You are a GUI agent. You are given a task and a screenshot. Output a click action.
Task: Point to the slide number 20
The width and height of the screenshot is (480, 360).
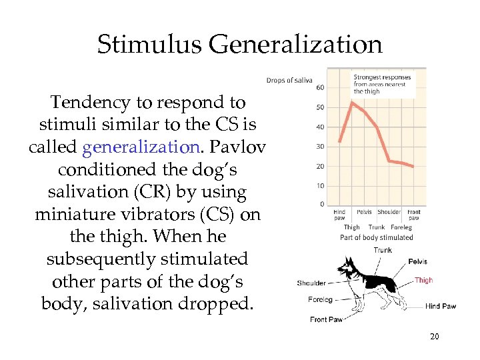click(x=434, y=337)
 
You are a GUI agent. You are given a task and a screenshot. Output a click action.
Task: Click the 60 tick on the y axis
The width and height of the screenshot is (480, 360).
click(x=320, y=88)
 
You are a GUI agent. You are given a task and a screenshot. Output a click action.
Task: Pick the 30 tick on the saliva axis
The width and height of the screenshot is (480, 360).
click(x=320, y=147)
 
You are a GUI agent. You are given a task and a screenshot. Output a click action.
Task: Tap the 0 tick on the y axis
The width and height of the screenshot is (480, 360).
click(x=322, y=204)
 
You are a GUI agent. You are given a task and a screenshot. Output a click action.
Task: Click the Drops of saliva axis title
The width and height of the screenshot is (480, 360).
click(x=289, y=81)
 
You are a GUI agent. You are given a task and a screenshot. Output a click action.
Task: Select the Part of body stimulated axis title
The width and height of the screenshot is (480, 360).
click(x=377, y=237)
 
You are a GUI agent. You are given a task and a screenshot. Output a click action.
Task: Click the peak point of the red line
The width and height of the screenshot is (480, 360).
click(x=352, y=102)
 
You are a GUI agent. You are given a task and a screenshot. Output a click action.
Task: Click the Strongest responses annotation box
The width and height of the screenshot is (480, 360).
click(x=382, y=84)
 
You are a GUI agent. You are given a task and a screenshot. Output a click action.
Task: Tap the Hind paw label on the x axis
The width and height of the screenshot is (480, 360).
click(x=339, y=215)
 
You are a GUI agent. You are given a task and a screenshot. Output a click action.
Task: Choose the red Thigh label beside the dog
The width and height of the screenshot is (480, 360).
click(x=423, y=281)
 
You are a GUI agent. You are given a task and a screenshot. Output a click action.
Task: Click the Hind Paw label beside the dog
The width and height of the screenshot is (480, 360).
click(x=441, y=307)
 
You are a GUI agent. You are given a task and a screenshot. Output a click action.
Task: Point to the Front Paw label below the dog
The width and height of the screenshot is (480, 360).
click(x=327, y=319)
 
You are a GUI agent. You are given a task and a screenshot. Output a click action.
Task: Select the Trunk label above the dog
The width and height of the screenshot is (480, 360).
click(x=383, y=250)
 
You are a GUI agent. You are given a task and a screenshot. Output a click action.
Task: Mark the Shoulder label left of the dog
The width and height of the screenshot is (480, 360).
click(x=311, y=283)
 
